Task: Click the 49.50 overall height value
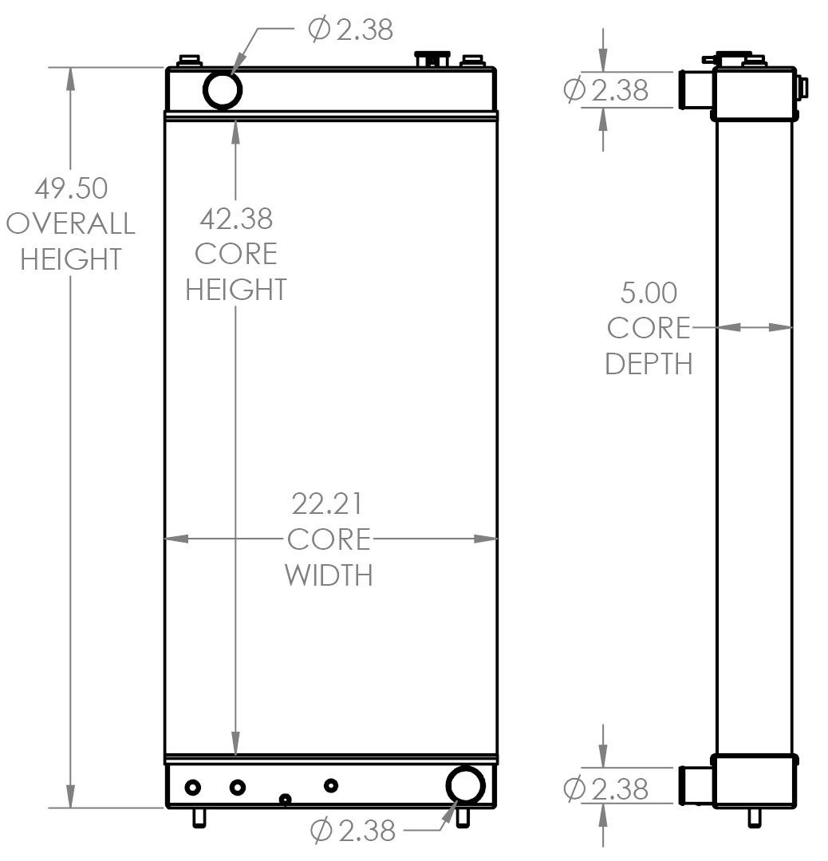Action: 71,189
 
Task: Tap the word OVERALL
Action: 71,224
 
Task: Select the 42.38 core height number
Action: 235,218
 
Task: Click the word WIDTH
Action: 329,575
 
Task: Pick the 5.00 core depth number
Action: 649,293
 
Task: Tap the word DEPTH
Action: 649,364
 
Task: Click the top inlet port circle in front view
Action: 223,89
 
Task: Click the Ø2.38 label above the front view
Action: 350,30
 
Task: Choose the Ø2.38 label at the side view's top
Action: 606,90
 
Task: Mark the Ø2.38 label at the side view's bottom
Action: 606,789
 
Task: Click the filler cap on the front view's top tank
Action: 431,58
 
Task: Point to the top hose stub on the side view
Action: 695,90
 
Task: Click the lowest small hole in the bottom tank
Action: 285,800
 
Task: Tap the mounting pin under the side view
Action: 752,817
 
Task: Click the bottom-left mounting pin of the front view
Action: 199,817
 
